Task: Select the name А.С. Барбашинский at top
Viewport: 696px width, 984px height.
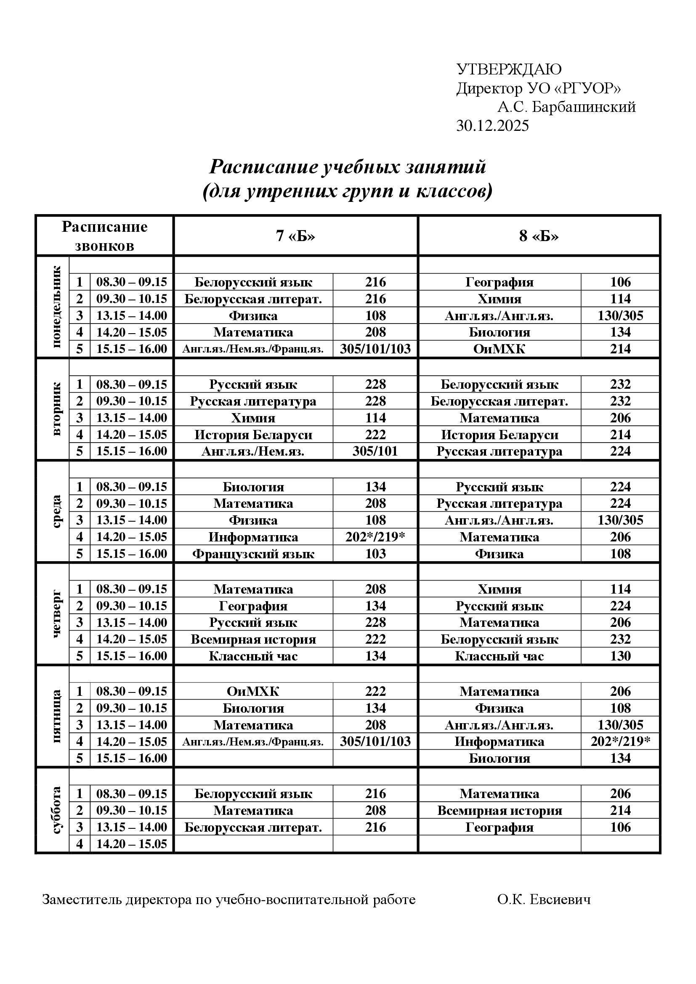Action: coord(566,107)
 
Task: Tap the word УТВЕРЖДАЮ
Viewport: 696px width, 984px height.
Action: coord(509,69)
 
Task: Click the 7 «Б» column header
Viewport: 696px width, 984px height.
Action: coord(295,236)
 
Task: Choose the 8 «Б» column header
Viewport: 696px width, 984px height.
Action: coord(539,236)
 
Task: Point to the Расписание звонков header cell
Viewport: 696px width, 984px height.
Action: coord(105,236)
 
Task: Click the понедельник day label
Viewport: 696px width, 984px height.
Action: coord(57,306)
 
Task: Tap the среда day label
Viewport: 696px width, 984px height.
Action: coord(57,511)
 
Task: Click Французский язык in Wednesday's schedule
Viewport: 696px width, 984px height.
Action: coord(253,554)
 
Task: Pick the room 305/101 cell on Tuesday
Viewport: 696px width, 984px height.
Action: coord(375,451)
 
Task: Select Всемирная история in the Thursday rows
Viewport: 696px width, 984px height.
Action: coord(253,639)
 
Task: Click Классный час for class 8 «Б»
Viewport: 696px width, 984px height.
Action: coord(499,656)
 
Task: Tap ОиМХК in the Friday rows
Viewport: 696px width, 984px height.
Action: coord(253,691)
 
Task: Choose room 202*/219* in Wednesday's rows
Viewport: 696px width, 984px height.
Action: coord(375,537)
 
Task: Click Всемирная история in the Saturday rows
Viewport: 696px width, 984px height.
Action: coord(499,810)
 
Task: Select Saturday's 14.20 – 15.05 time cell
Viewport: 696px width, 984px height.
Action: coord(132,844)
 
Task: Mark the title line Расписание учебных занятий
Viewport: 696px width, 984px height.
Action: coord(347,166)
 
